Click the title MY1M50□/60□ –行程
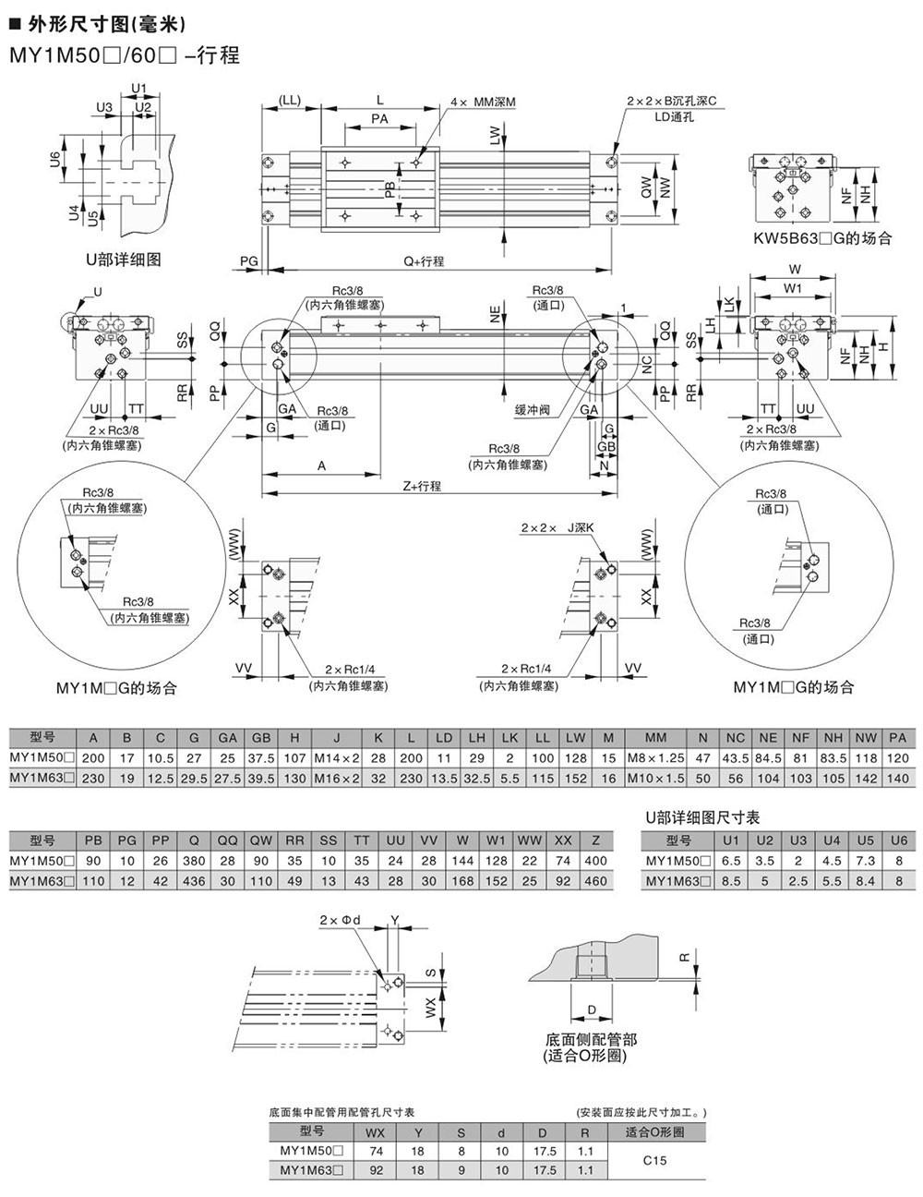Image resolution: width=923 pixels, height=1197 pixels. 125,55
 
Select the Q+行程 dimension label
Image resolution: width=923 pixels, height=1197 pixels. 424,261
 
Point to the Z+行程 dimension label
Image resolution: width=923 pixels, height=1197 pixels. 422,486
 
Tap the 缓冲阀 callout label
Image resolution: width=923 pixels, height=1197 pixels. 533,410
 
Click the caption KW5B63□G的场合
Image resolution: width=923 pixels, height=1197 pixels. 821,238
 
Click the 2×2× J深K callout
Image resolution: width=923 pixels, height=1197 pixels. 557,528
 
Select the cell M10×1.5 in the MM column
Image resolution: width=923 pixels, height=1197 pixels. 655,779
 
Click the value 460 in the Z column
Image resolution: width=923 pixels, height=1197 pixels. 596,881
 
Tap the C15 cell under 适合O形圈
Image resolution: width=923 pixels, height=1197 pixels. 654,1160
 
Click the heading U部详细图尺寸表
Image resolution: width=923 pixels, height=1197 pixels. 701,818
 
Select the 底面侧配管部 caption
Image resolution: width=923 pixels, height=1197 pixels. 591,1039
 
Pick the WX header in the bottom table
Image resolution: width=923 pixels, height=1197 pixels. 376,1131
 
